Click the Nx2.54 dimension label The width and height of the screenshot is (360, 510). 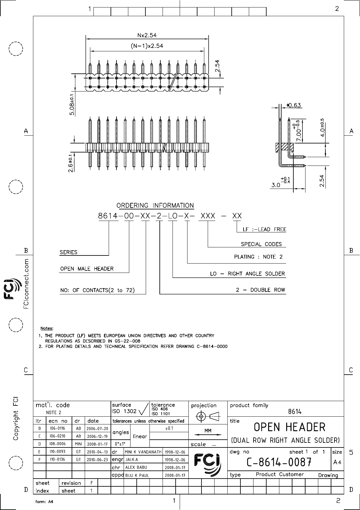pos(147,35)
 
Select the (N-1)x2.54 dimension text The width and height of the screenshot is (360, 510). pos(147,46)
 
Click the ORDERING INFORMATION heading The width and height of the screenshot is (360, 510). pos(155,205)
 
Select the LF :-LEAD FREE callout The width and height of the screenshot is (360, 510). pos(264,229)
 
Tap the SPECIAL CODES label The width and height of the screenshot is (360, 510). pos(261,244)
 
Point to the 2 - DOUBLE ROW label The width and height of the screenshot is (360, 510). pos(260,290)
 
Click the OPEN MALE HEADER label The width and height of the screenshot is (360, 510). pos(87,269)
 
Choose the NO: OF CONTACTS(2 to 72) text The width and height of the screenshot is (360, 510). pos(97,290)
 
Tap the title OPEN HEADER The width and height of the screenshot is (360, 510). pos(290,427)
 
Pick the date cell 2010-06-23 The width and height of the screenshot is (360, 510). pos(97,459)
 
